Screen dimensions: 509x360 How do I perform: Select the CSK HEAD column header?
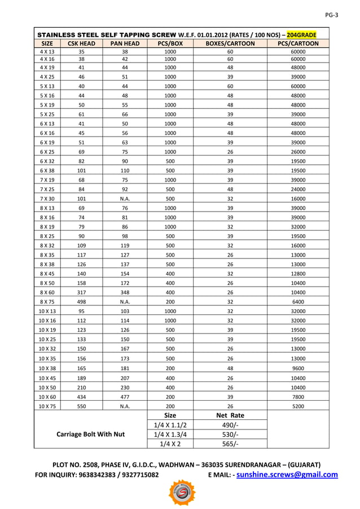coord(81,43)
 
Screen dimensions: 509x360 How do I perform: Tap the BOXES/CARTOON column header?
coord(230,43)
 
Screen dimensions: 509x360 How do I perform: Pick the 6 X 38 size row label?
coord(47,170)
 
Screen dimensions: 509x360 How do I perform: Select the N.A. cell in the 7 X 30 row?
coord(125,199)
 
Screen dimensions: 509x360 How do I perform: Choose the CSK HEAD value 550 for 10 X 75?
coord(81,406)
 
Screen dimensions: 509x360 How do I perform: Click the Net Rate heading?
coord(230,415)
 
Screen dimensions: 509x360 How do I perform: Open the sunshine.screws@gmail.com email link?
coord(287,475)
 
